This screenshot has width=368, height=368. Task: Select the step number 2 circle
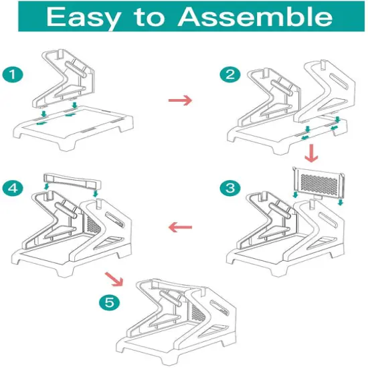(x=234, y=74)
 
